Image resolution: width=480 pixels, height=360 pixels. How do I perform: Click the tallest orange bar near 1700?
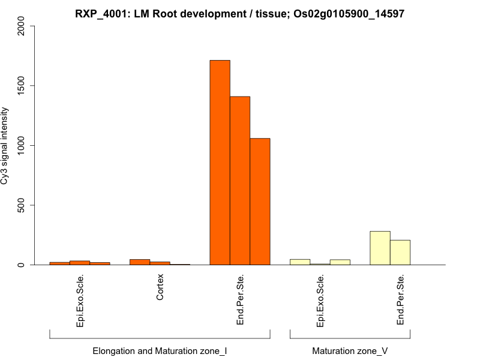pos(220,162)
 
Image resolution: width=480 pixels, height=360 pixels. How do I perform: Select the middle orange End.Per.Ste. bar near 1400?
pos(240,180)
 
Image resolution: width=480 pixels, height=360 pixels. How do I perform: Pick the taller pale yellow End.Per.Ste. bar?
pos(380,248)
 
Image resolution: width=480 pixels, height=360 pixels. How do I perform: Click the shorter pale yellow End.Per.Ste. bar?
pos(400,253)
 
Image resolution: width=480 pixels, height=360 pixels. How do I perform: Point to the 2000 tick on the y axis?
pos(22,26)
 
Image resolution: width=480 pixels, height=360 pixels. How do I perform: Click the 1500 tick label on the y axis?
pos(22,86)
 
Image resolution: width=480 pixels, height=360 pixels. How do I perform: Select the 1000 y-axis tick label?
pos(22,145)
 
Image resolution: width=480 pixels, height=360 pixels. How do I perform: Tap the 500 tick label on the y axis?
pos(22,205)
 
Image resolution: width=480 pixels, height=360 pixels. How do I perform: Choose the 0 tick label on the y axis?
pos(22,265)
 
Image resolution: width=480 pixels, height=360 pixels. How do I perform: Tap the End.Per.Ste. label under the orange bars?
pos(240,299)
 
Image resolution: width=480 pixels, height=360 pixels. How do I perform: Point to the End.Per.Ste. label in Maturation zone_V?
pos(400,299)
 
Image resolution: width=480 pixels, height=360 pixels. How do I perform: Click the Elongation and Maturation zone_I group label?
pos(160,350)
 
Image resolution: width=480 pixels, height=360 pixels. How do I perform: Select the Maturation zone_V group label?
pos(350,350)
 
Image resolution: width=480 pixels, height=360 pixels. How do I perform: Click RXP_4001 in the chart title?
pos(100,13)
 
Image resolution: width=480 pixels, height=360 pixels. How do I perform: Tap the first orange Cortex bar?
pos(140,262)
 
